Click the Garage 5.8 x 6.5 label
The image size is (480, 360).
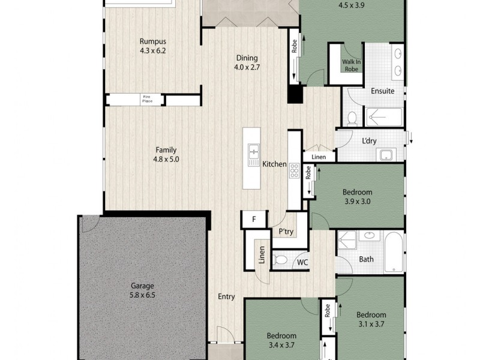[x=143, y=290]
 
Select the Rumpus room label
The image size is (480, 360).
[x=152, y=46]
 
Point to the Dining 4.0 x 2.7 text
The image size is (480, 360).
[x=247, y=62]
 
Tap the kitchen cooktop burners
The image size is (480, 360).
[x=295, y=171]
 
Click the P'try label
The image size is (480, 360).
[x=285, y=232]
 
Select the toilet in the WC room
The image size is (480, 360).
[x=279, y=260]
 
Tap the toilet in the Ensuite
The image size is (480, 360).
[x=352, y=116]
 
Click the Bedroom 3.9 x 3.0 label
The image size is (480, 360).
[x=357, y=197]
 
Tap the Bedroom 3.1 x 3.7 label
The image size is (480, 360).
[x=371, y=319]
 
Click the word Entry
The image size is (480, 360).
[x=226, y=297]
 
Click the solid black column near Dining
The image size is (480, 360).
[x=294, y=95]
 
